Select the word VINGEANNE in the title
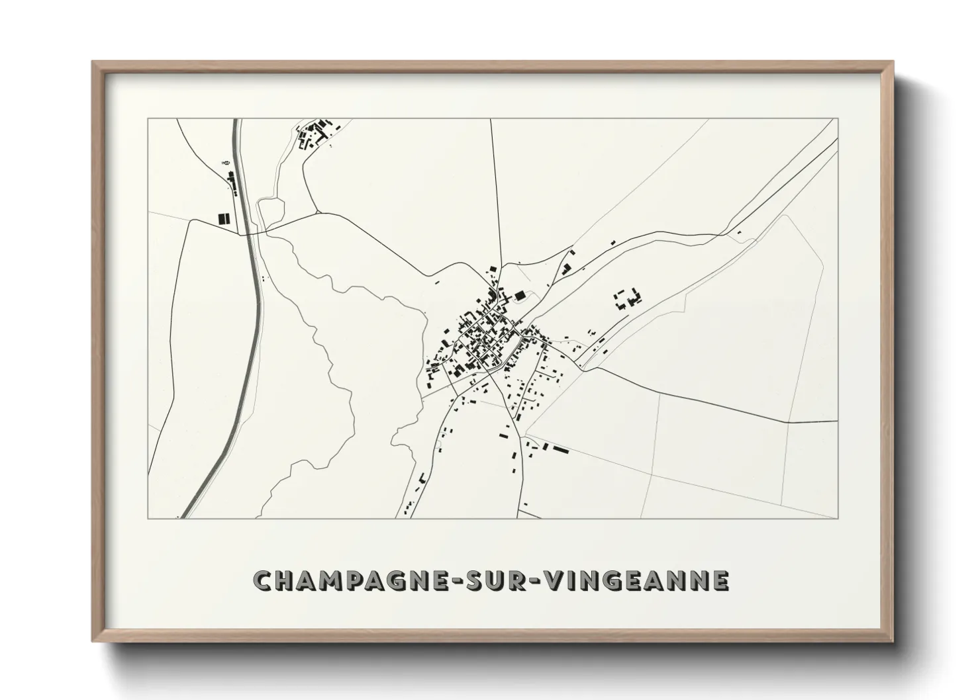click(x=636, y=580)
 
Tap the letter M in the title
click(x=317, y=580)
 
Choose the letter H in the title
click(x=280, y=580)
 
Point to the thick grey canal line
click(x=248, y=331)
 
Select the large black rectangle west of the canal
click(x=222, y=218)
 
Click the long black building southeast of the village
click(x=560, y=449)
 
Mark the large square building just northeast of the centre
click(x=520, y=294)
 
